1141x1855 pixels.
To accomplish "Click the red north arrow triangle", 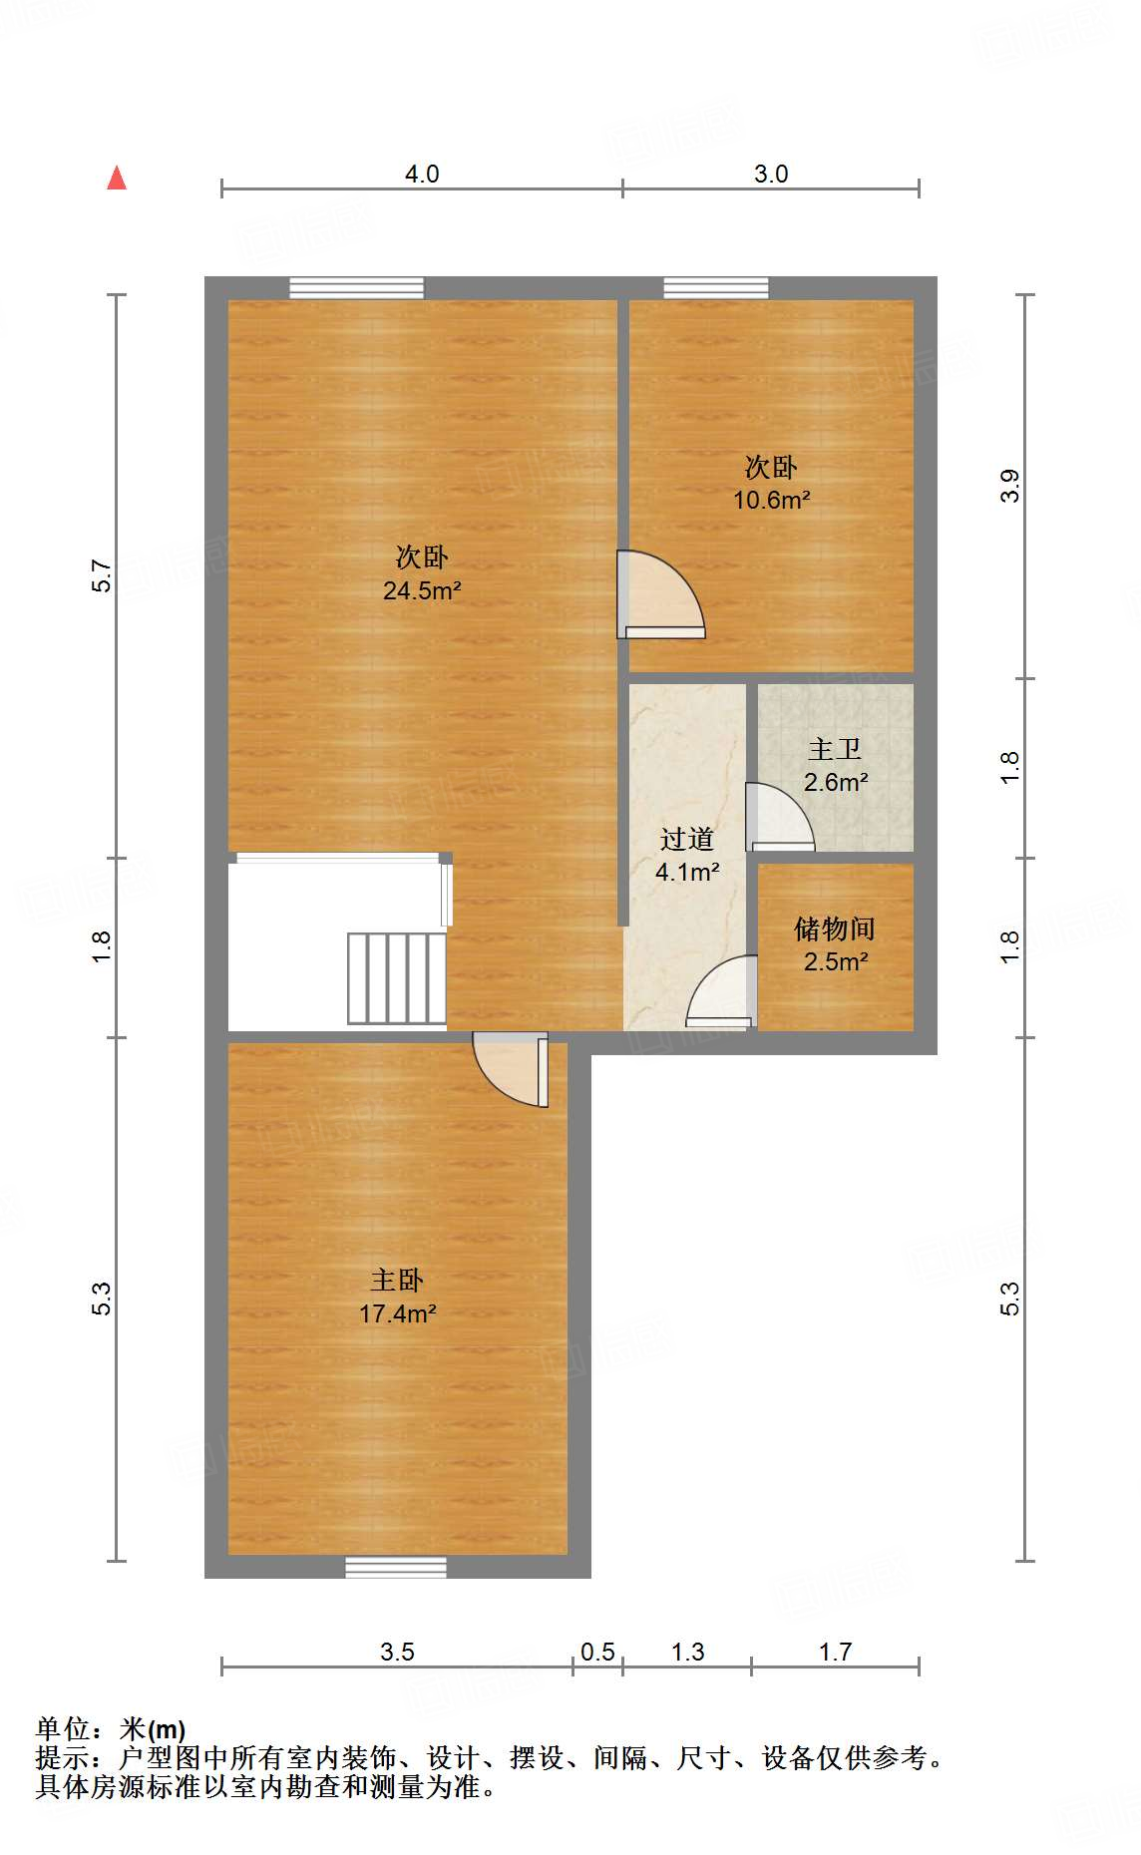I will point(117,179).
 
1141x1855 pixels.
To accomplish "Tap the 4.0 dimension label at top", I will point(422,175).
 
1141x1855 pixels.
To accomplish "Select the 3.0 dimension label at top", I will point(771,175).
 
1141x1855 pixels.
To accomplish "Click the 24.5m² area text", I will point(422,590).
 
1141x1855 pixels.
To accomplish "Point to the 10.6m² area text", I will point(771,501).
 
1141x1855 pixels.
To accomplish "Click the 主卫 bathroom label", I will point(835,749).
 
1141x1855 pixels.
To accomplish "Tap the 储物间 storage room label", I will point(835,928).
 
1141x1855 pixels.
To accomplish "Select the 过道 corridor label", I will point(687,839).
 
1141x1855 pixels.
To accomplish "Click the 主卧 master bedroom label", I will point(397,1280).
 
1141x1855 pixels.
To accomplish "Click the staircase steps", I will point(397,977).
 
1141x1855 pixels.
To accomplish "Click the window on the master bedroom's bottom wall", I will point(396,1566).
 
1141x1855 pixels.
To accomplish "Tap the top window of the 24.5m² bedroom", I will point(356,288).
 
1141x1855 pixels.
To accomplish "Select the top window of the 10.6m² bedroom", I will point(716,288).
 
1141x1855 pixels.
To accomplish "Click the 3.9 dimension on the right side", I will point(1010,486).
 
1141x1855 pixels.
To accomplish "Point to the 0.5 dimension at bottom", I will point(597,1653).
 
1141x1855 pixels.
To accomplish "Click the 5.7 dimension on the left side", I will point(102,576).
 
